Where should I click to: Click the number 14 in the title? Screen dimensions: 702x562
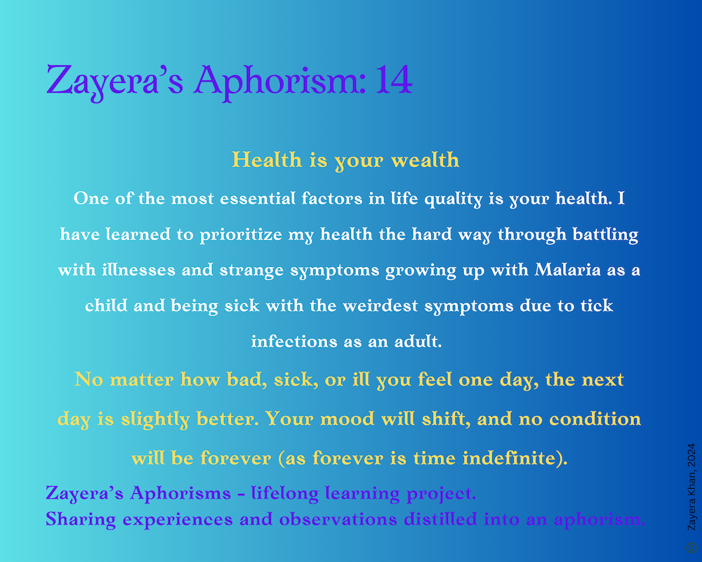394,79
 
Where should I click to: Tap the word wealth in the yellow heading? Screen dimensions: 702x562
425,160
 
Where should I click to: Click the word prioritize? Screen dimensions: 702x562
241,235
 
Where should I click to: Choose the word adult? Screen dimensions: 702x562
418,341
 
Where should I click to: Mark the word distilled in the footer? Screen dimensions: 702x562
440,519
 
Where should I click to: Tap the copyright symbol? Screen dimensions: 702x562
691,547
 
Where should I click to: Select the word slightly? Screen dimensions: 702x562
155,419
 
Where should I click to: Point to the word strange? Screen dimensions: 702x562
251,270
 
